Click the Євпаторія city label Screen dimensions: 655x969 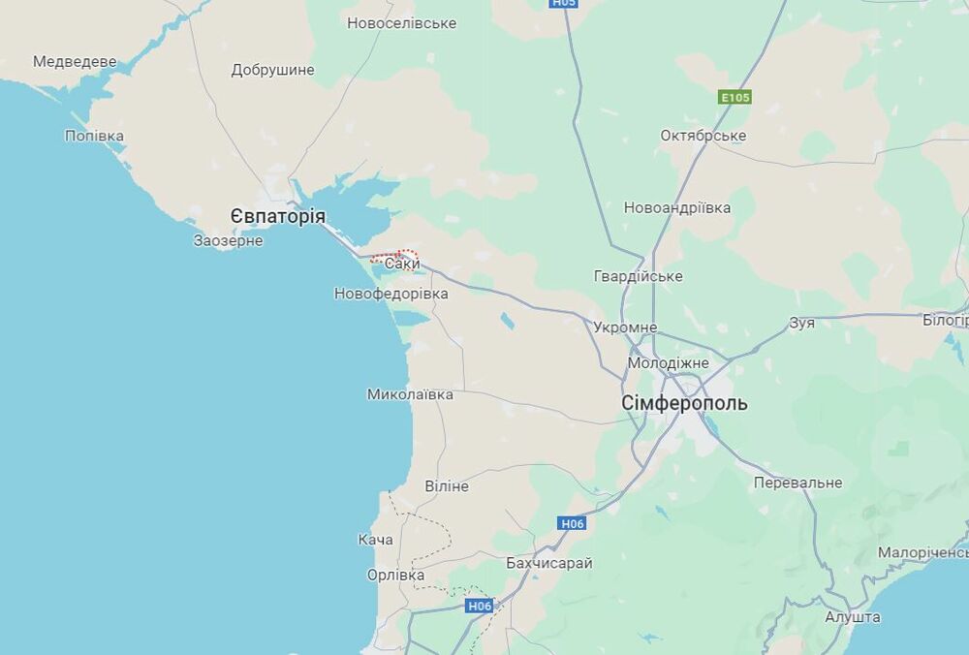[x=278, y=216]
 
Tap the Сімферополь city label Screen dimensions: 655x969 [x=685, y=403]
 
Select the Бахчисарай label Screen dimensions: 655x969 [x=549, y=563]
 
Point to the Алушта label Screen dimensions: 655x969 [x=853, y=617]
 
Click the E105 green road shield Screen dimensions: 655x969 [x=735, y=98]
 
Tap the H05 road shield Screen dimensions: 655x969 [x=563, y=3]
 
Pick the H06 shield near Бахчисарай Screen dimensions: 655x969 [x=573, y=523]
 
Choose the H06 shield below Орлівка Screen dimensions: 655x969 [x=480, y=606]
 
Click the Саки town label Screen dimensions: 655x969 [x=402, y=264]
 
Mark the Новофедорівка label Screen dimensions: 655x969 [x=391, y=294]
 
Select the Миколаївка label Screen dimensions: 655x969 [x=410, y=394]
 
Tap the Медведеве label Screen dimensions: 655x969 [x=75, y=62]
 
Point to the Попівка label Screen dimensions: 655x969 [x=94, y=136]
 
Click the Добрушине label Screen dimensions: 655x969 [x=273, y=70]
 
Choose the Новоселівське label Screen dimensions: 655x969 [x=402, y=22]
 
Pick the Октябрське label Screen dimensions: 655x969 [x=703, y=136]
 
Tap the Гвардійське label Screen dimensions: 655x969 [x=639, y=276]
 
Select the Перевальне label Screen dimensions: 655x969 [x=798, y=483]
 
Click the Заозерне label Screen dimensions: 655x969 [x=229, y=240]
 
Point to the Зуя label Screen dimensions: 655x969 [x=802, y=323]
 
